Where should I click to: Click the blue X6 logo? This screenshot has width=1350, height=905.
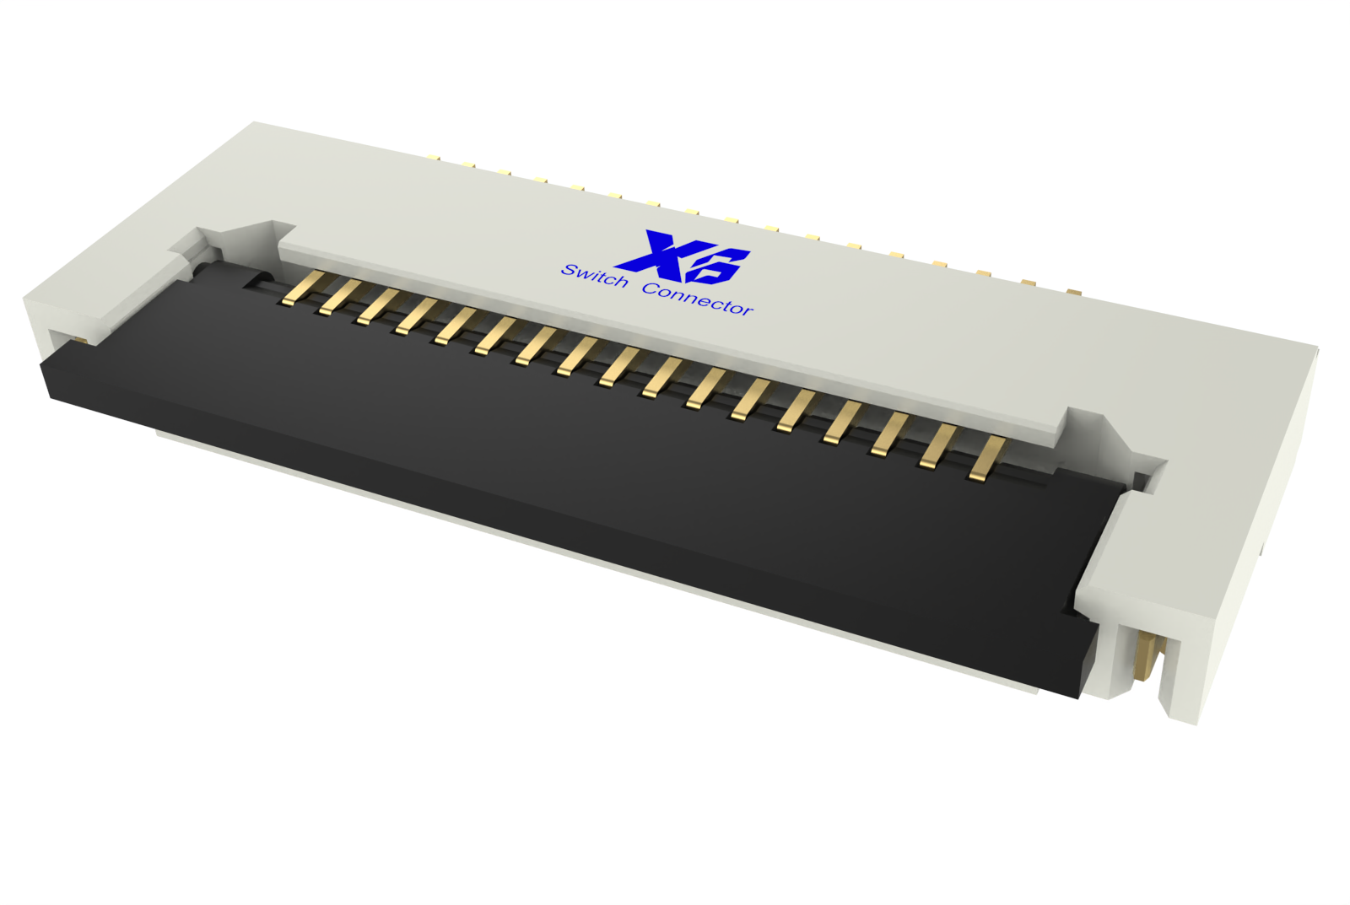coord(683,257)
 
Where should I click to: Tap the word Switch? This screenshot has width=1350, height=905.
coord(594,275)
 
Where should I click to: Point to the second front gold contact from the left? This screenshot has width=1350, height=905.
coord(337,298)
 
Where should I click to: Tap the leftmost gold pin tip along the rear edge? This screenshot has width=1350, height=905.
coord(434,157)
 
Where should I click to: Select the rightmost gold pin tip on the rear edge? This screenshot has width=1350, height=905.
coord(1072,293)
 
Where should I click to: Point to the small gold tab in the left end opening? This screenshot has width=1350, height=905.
coord(81,339)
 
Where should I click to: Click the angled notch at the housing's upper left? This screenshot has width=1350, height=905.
coord(240,236)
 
